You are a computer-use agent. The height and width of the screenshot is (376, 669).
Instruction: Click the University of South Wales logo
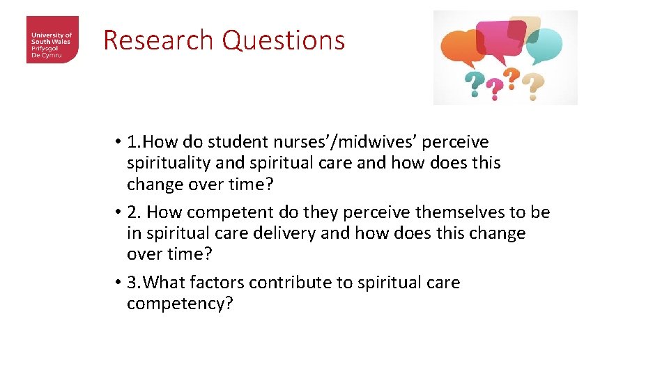pos(52,40)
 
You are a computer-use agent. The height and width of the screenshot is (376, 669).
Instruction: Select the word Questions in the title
pos(284,40)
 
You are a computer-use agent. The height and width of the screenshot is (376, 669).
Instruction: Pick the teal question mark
pos(474,86)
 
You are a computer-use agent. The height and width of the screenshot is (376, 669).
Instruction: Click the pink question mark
pos(494,88)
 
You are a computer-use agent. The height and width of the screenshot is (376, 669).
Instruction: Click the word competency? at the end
pos(179,304)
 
